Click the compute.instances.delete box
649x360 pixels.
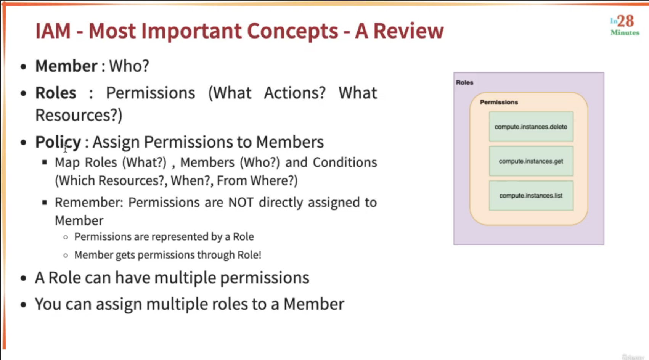[531, 127]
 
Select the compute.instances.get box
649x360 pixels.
[531, 161]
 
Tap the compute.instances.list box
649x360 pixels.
[531, 196]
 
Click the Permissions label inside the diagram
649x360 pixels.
[499, 102]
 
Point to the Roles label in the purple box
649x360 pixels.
[464, 82]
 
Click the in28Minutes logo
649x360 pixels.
[625, 25]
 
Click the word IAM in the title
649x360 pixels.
[53, 31]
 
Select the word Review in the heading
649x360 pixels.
[408, 31]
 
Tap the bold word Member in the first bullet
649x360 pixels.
[66, 66]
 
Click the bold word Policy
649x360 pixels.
[58, 142]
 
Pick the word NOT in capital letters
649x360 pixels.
[241, 202]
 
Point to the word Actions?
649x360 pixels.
[295, 93]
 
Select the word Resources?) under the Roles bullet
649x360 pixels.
[79, 115]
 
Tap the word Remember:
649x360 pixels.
[89, 202]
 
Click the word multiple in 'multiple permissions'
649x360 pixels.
[185, 278]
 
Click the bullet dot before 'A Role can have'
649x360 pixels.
[24, 278]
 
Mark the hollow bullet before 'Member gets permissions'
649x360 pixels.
[66, 256]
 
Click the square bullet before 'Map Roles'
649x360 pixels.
[44, 162]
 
